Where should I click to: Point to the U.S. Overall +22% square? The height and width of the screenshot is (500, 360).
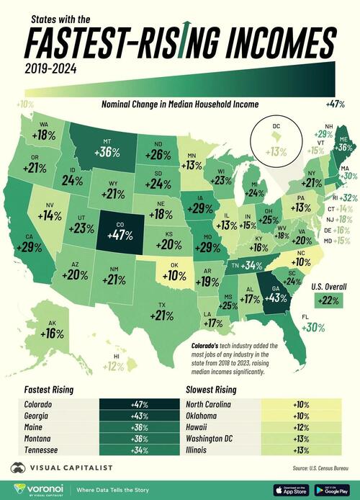[318, 300]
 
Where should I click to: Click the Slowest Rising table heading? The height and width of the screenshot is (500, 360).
[213, 390]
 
